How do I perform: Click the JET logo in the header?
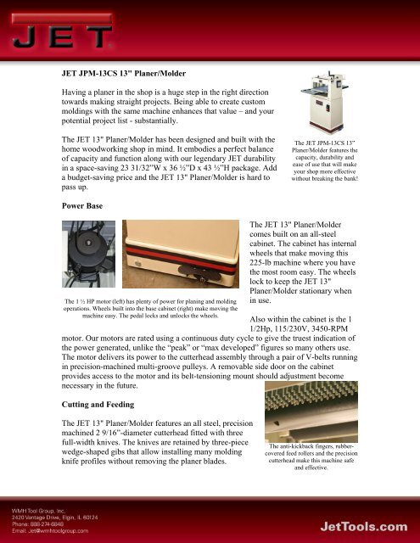coord(62,31)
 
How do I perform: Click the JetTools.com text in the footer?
coord(363,527)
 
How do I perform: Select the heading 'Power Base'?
coord(82,205)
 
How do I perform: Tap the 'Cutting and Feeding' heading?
coord(98,405)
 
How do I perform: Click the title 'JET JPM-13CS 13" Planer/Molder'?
coord(124,74)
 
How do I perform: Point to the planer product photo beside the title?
coord(325,102)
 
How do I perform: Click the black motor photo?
coord(88,254)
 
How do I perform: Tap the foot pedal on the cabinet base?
coord(199,272)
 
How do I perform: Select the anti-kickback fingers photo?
coord(311,411)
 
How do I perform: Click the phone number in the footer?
coord(37,524)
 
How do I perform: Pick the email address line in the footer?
coord(50,530)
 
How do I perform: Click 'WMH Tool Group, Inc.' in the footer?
coord(38,511)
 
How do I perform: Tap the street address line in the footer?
coord(54,518)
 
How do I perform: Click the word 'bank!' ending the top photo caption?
coord(350,179)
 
